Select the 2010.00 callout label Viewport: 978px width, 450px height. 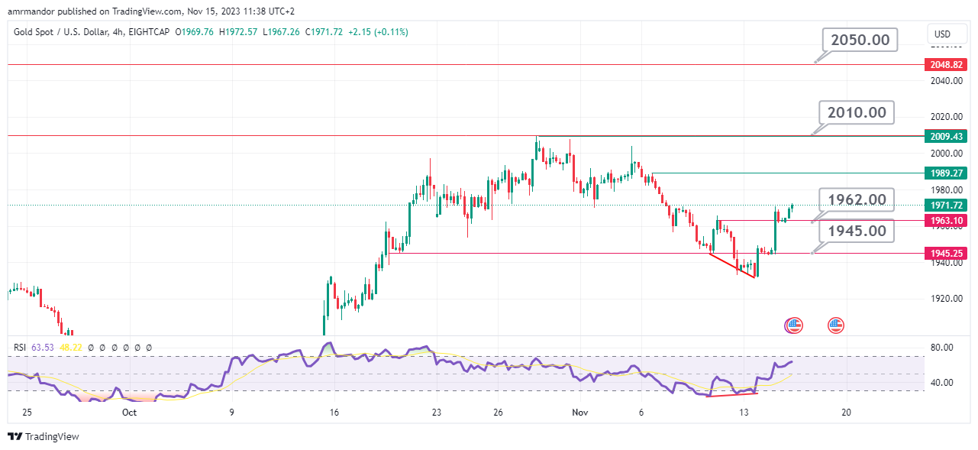click(856, 112)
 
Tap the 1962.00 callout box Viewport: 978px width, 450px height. click(856, 200)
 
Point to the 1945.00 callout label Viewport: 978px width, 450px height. click(856, 230)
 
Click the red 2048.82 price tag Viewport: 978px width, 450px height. click(945, 66)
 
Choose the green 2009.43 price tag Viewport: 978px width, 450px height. click(945, 136)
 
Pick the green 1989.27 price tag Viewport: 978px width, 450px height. click(945, 173)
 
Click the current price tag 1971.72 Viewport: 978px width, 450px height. click(945, 205)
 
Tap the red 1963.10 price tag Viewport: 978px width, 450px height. click(945, 221)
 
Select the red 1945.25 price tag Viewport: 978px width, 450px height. click(945, 253)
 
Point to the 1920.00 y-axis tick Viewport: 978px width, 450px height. click(946, 299)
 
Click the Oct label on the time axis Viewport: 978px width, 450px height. click(129, 412)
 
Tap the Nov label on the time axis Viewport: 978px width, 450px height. click(579, 412)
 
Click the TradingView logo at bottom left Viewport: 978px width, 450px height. click(44, 437)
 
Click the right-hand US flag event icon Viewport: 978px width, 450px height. click(836, 325)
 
